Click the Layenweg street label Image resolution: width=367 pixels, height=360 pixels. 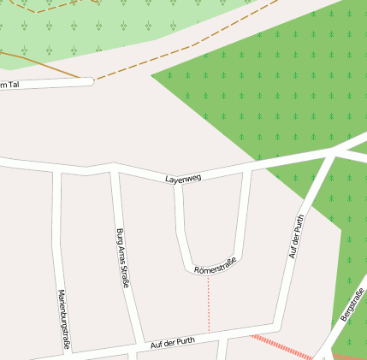(x=183, y=178)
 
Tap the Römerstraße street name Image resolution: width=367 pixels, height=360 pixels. (x=215, y=269)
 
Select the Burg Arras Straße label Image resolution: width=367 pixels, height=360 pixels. (x=121, y=257)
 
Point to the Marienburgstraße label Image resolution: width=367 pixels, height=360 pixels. (x=62, y=318)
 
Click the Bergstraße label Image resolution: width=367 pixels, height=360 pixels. (x=352, y=305)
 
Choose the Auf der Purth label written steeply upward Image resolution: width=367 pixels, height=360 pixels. (x=297, y=236)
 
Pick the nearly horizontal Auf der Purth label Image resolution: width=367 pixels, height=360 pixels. (x=172, y=342)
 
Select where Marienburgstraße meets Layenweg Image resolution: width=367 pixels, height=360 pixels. (x=57, y=168)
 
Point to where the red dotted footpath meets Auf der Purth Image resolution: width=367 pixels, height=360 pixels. (x=209, y=334)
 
